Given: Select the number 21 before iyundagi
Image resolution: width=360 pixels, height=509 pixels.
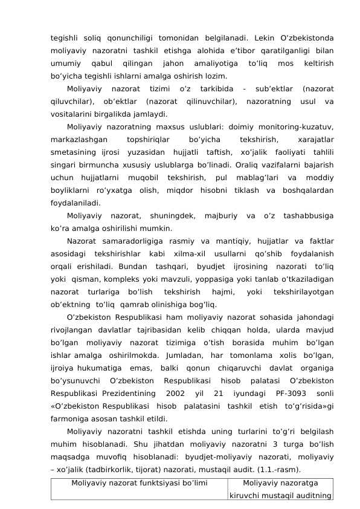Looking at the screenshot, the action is [220, 395].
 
